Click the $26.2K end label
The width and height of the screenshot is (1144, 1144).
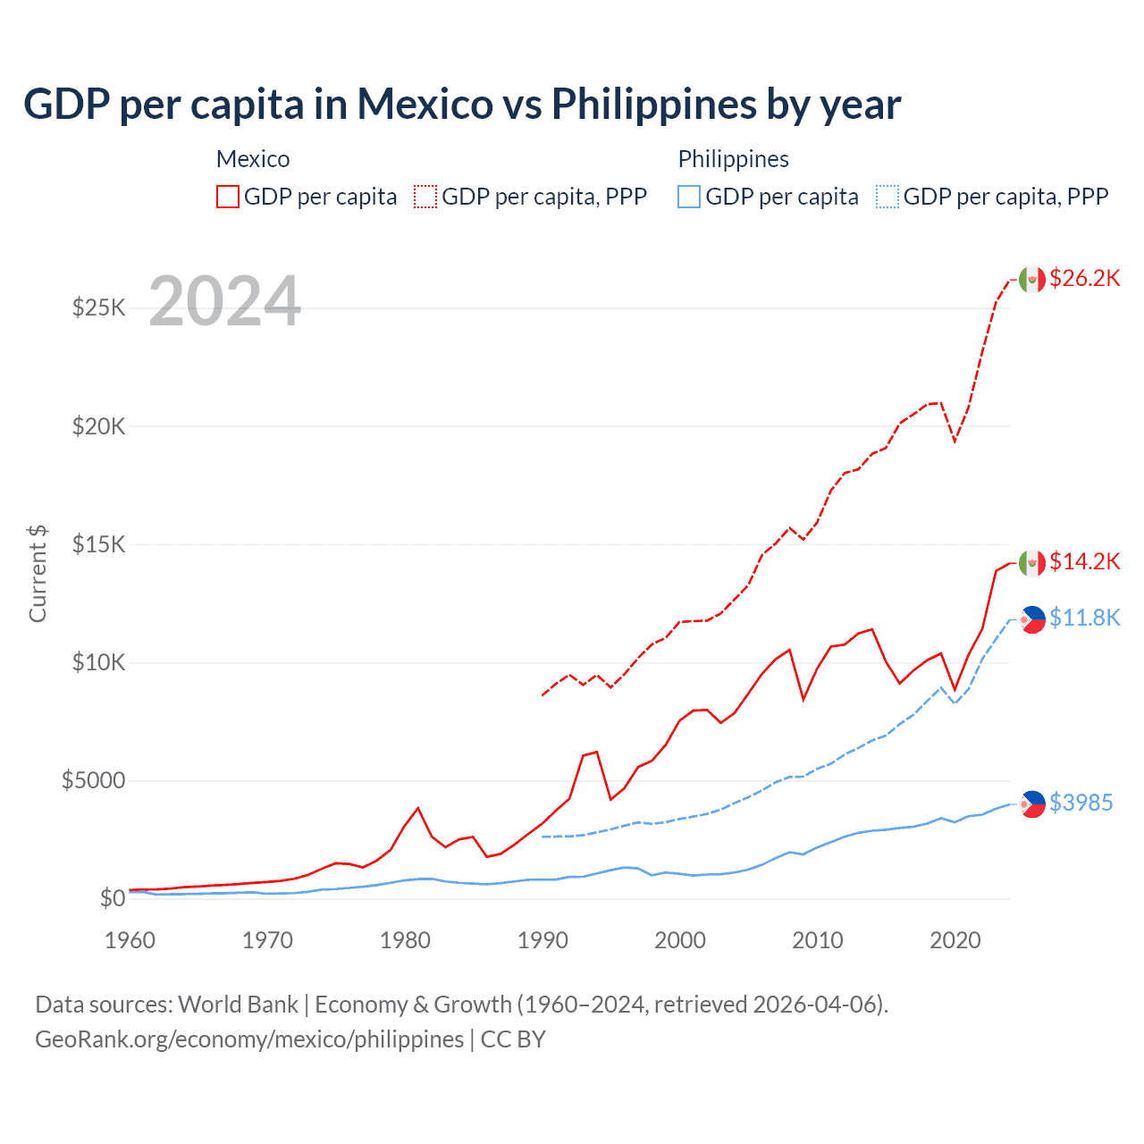click(x=1084, y=278)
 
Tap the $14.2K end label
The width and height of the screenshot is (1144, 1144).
click(x=1084, y=561)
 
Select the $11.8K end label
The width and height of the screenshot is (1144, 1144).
click(x=1084, y=618)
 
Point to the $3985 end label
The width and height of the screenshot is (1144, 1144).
click(x=1081, y=803)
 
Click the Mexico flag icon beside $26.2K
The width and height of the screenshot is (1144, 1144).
click(x=1032, y=280)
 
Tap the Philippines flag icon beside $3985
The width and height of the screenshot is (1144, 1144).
click(x=1032, y=804)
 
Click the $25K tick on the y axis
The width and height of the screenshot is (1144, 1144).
click(x=98, y=308)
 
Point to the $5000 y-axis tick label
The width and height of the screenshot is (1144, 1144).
click(x=93, y=780)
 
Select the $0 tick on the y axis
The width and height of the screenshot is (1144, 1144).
click(x=112, y=898)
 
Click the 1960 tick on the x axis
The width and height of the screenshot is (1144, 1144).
click(x=130, y=940)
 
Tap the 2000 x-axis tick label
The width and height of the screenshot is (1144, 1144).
click(x=680, y=940)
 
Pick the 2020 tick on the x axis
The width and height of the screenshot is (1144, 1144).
click(x=955, y=940)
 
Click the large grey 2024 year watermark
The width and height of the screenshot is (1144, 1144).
click(x=224, y=301)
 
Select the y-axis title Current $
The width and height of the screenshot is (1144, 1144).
click(x=38, y=573)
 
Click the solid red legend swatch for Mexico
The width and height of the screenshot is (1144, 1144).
click(x=228, y=197)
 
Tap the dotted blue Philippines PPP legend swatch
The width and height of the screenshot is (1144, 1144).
click(x=887, y=197)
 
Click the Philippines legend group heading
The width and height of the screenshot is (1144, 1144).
click(x=733, y=159)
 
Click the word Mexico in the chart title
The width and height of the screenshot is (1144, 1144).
click(x=425, y=104)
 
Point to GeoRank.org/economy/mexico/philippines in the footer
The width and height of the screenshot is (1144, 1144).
click(x=249, y=1039)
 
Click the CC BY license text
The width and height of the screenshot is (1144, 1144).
click(x=513, y=1039)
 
